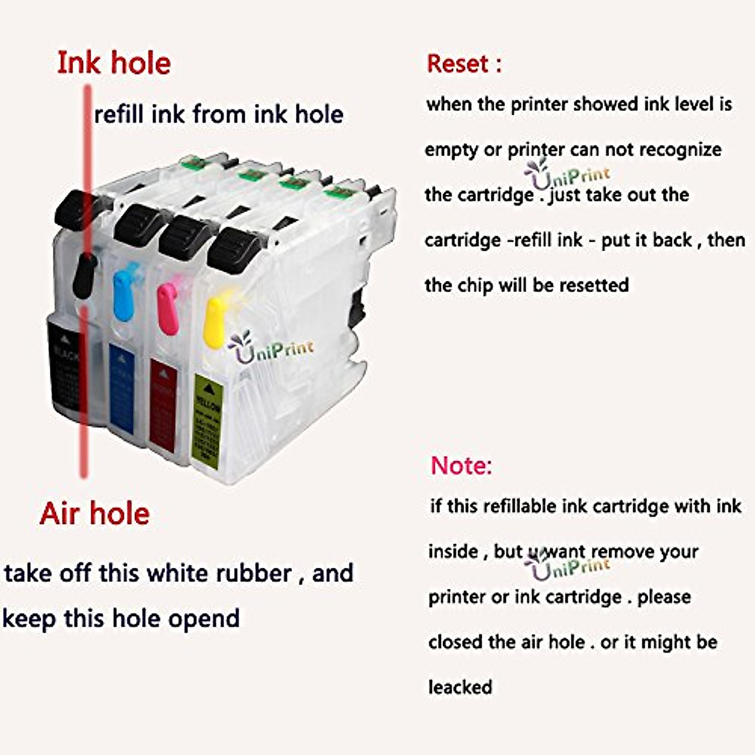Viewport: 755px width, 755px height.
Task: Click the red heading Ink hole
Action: [x=114, y=64]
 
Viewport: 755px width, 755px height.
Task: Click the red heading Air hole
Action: [x=94, y=514]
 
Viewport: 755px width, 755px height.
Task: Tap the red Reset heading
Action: [x=464, y=64]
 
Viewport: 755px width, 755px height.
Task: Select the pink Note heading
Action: [x=461, y=466]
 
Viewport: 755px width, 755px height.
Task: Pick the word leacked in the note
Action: [x=461, y=686]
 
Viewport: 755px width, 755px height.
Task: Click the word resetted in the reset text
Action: [x=594, y=285]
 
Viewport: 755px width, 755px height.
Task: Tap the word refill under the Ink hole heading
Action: [x=119, y=115]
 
